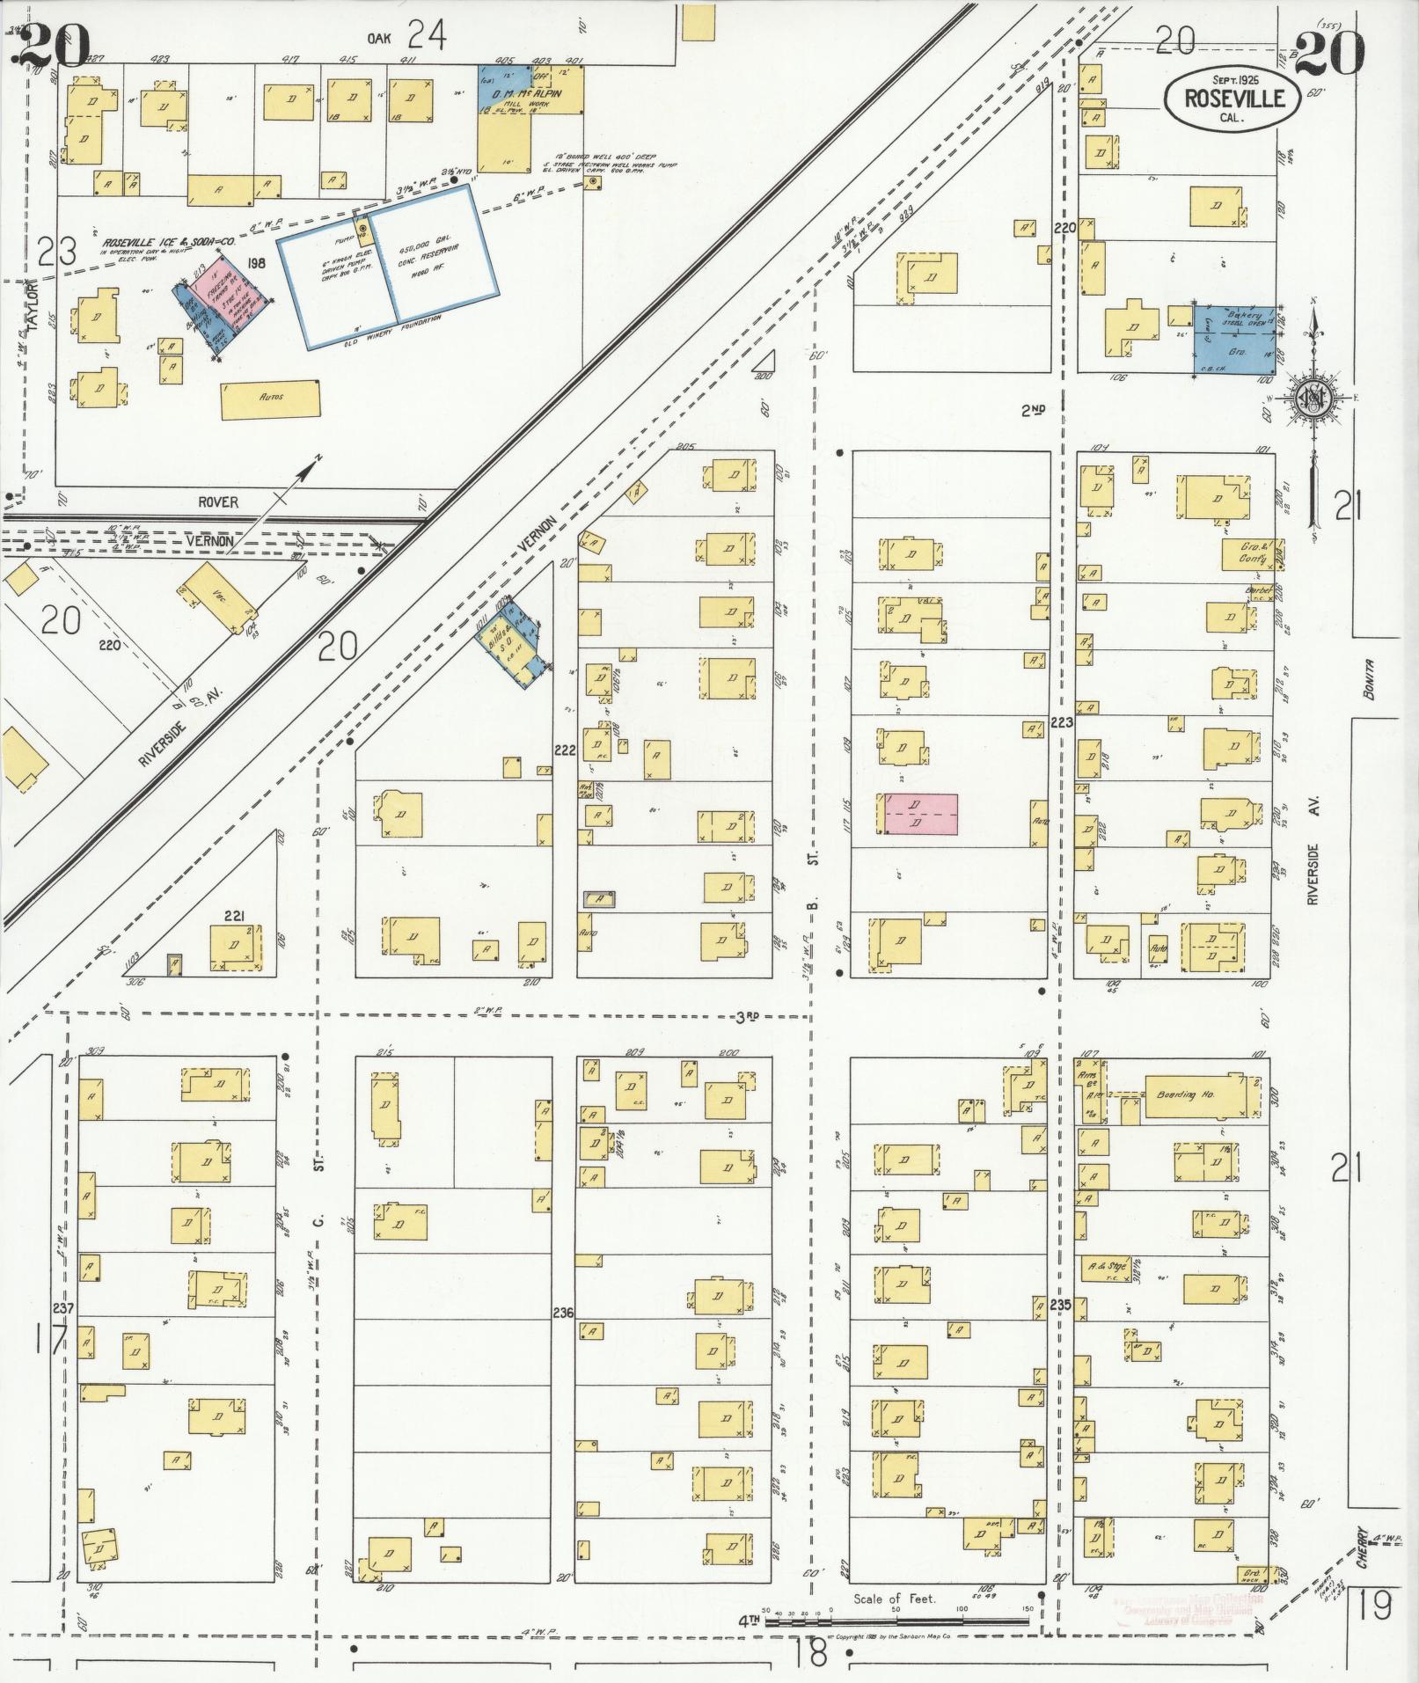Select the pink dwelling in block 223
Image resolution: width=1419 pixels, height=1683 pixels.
920,814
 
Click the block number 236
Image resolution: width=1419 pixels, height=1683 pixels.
563,1313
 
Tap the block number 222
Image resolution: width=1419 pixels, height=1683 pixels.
564,749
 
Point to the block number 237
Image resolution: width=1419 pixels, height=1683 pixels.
63,1306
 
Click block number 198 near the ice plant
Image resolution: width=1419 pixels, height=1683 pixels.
257,262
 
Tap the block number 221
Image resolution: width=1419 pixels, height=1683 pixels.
233,913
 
